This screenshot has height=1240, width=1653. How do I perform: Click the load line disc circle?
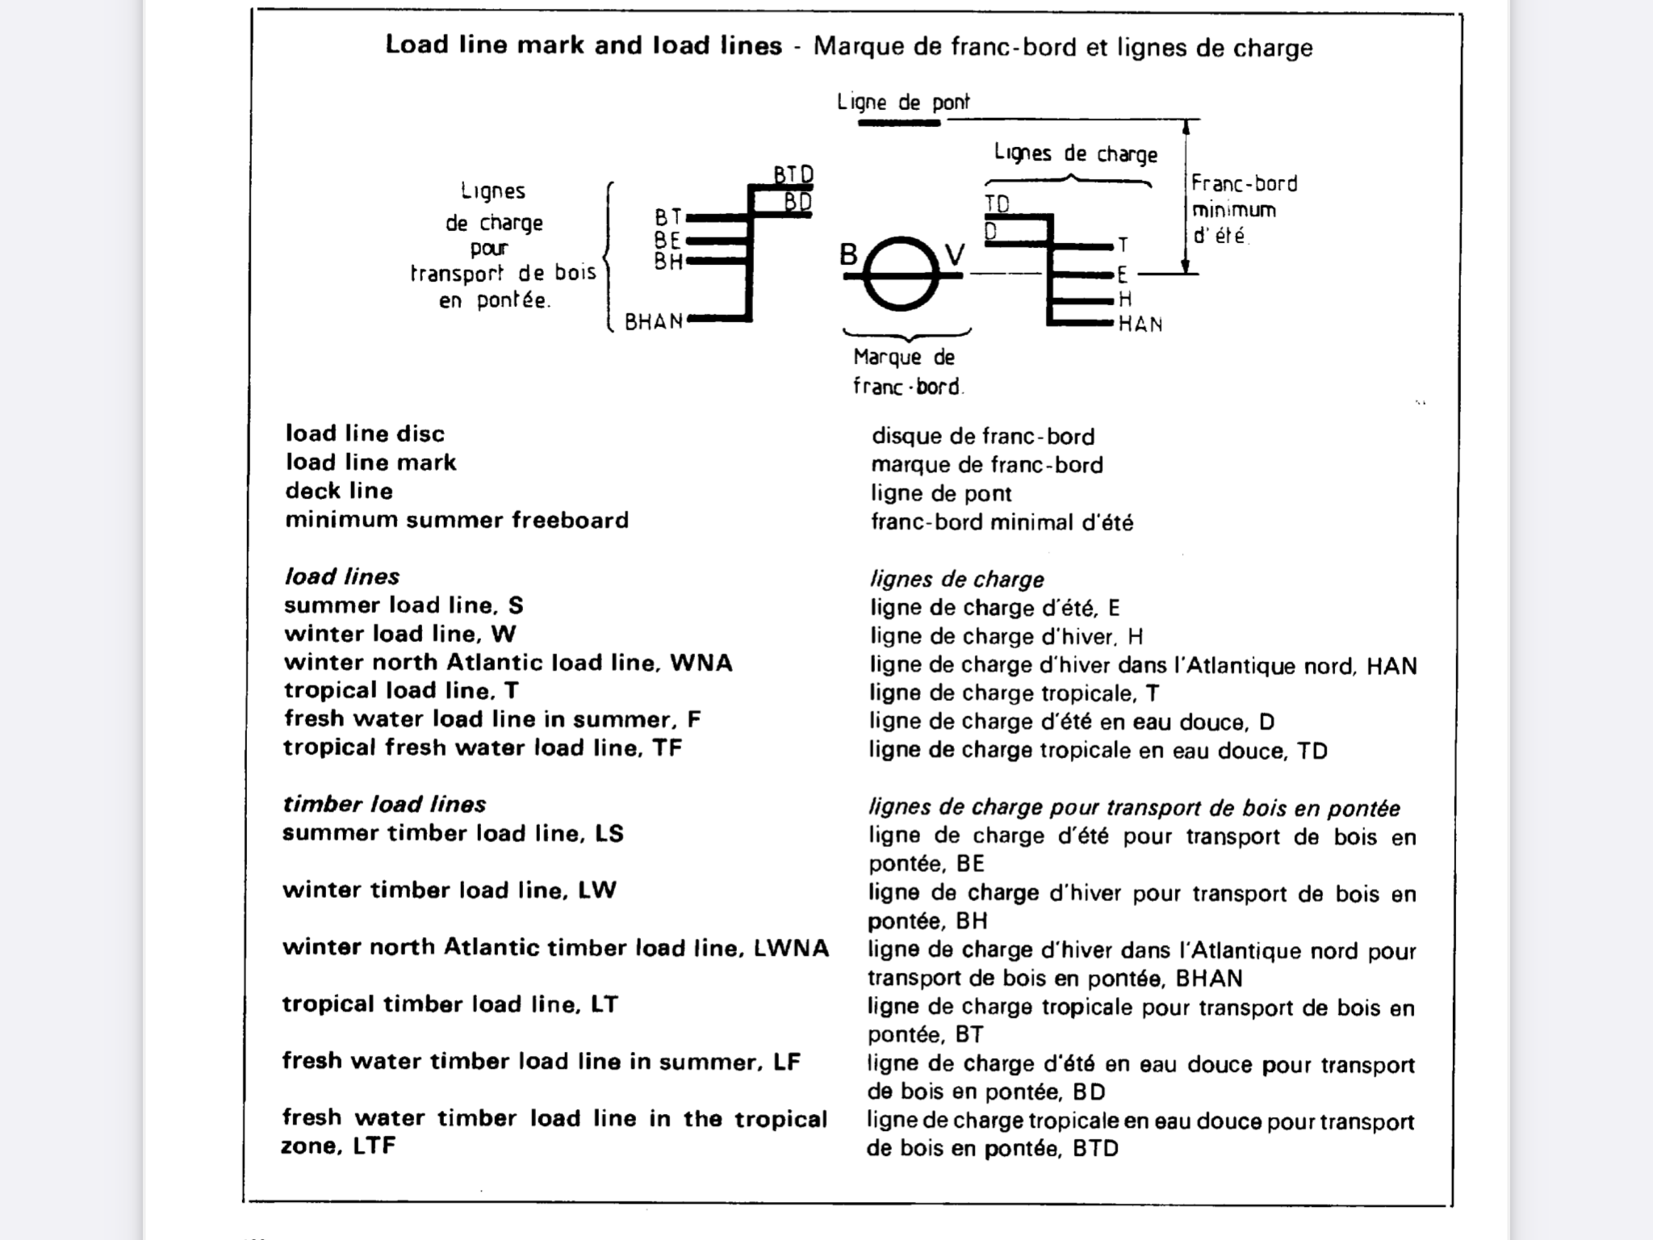(902, 274)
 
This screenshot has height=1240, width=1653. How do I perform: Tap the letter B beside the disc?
(848, 254)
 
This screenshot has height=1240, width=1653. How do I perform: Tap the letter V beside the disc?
(954, 255)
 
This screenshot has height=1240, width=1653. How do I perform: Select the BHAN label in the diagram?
(654, 322)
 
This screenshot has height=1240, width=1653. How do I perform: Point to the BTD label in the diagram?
(793, 174)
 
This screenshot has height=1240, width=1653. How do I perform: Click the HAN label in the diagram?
(1140, 325)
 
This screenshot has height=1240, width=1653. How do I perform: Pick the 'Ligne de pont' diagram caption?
(903, 103)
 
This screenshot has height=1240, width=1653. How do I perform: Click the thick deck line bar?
(899, 123)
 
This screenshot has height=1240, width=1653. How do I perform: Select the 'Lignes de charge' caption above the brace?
(1075, 153)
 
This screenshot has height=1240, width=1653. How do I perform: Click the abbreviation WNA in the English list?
(701, 663)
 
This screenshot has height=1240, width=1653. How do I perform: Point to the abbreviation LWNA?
(791, 947)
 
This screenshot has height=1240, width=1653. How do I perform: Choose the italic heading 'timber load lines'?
(384, 804)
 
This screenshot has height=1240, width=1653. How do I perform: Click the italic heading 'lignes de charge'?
(956, 579)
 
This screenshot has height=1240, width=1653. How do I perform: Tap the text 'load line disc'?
(365, 434)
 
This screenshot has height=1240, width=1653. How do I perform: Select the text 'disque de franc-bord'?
(982, 437)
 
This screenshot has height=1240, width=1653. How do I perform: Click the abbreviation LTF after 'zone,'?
(374, 1146)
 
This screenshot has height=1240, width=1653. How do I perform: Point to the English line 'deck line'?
(339, 491)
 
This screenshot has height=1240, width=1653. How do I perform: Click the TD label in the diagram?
(997, 203)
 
